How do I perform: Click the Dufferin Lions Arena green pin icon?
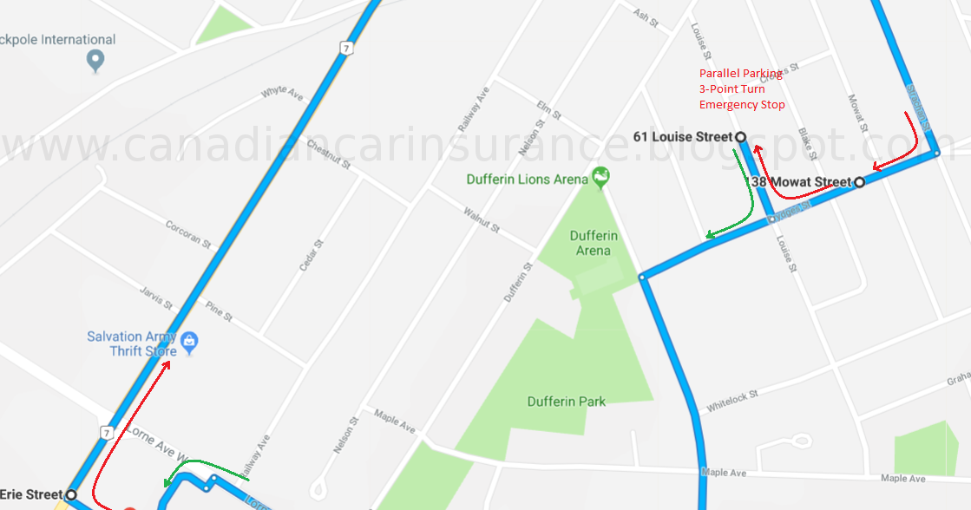600,178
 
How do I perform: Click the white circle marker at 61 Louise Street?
741,137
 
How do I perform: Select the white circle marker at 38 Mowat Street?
859,182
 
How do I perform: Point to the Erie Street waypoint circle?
71,495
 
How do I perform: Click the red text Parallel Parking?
740,74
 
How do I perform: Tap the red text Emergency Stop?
742,105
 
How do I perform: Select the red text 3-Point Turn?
732,89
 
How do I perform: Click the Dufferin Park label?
567,402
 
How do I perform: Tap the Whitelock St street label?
732,399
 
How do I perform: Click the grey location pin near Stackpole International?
96,60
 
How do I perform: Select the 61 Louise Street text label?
683,137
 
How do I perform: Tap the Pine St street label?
219,311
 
